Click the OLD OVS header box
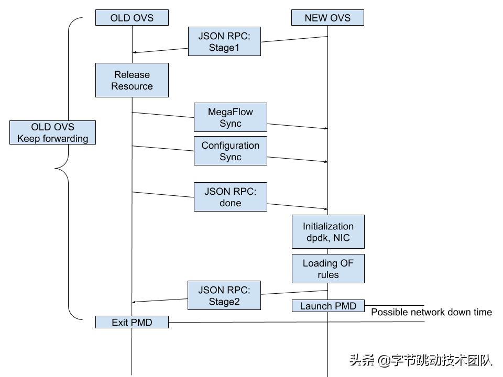point(132,18)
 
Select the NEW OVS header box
point(328,18)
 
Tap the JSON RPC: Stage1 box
point(224,42)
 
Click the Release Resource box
point(132,80)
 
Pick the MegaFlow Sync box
point(231,117)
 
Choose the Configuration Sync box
point(231,151)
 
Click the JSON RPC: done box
point(231,197)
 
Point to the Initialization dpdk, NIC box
point(328,231)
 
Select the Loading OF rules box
point(328,269)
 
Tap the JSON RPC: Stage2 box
point(224,295)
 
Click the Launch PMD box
point(328,306)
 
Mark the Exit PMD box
point(132,322)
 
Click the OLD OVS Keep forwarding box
point(53,132)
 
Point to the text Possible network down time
point(431,312)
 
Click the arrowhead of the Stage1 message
point(134,52)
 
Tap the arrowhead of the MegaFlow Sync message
point(326,128)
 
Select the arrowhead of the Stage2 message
point(134,302)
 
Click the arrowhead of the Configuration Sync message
point(326,162)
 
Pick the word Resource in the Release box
point(132,86)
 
